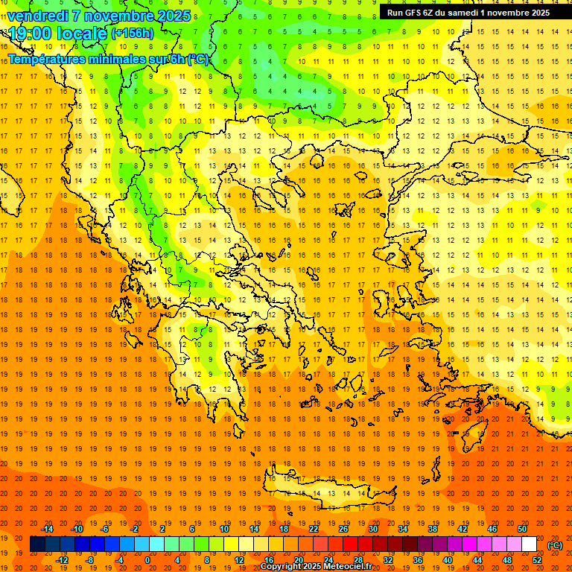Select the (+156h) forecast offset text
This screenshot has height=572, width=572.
133,33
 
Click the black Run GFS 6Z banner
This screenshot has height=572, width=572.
468,12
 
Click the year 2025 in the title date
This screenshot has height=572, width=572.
174,15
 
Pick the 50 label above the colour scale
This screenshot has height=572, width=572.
522,529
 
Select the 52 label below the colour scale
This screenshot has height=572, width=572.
537,560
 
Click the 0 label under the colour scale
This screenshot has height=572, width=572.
147,560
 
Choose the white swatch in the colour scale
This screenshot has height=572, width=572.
529,544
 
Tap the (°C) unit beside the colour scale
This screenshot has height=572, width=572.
555,545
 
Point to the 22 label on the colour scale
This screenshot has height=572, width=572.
314,529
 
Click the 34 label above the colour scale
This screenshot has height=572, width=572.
403,529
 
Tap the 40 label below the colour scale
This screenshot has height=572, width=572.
448,560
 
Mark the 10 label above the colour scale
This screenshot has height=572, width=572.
224,529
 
